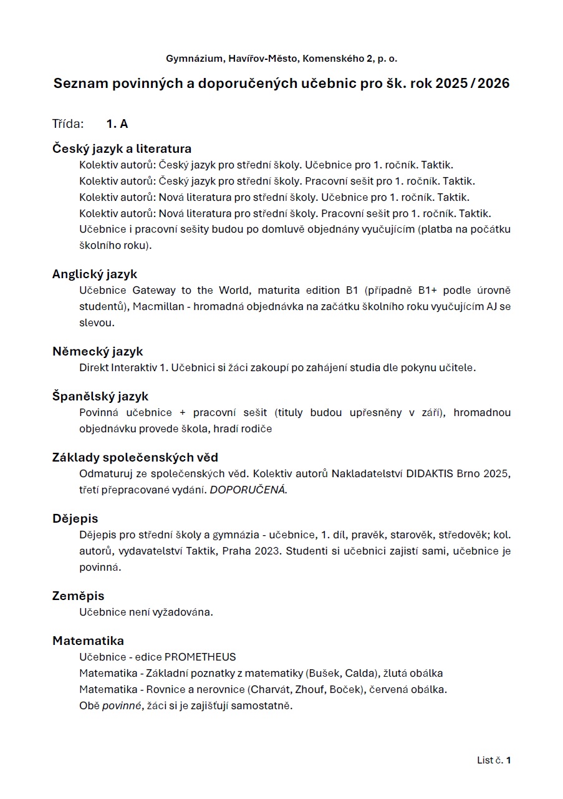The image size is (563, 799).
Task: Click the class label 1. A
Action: pyautogui.click(x=117, y=123)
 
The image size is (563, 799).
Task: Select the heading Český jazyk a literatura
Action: pyautogui.click(x=122, y=148)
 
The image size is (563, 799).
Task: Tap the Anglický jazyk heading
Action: pyautogui.click(x=95, y=274)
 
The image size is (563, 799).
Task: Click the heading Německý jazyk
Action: pyautogui.click(x=97, y=351)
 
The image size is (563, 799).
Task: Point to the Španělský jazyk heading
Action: pyautogui.click(x=100, y=396)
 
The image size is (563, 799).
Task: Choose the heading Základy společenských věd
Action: pyautogui.click(x=135, y=457)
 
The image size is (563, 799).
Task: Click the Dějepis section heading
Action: pyautogui.click(x=75, y=518)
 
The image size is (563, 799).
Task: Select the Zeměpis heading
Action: pyautogui.click(x=78, y=596)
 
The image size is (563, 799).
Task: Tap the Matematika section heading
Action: pyautogui.click(x=88, y=641)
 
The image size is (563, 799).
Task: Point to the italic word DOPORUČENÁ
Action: pyautogui.click(x=248, y=490)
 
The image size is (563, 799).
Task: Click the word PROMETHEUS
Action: pyautogui.click(x=200, y=657)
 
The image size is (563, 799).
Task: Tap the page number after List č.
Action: pyautogui.click(x=509, y=760)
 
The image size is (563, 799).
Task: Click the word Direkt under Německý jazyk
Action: pyautogui.click(x=94, y=367)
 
